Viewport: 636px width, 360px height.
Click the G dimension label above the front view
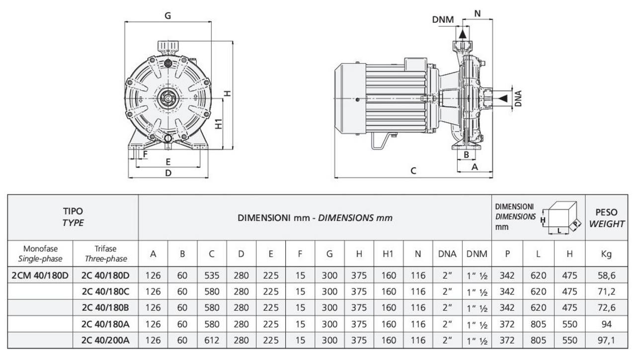click(168, 15)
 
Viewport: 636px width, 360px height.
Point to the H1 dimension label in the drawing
click(219, 123)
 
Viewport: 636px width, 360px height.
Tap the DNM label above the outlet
click(443, 20)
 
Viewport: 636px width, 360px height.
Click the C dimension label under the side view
click(413, 171)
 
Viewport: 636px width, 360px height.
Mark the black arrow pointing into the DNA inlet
click(503, 98)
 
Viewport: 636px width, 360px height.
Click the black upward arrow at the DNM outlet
click(463, 33)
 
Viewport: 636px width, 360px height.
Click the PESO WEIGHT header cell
click(606, 217)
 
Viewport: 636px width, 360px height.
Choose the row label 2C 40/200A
click(105, 340)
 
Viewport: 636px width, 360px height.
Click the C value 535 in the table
click(212, 275)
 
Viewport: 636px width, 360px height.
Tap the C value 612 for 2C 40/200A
click(212, 340)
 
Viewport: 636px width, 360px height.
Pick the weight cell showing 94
click(606, 324)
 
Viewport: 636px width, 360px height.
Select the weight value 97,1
click(606, 340)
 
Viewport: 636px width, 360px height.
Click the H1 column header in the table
click(389, 254)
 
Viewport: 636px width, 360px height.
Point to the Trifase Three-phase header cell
click(105, 254)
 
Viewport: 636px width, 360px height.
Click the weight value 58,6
click(606, 275)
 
